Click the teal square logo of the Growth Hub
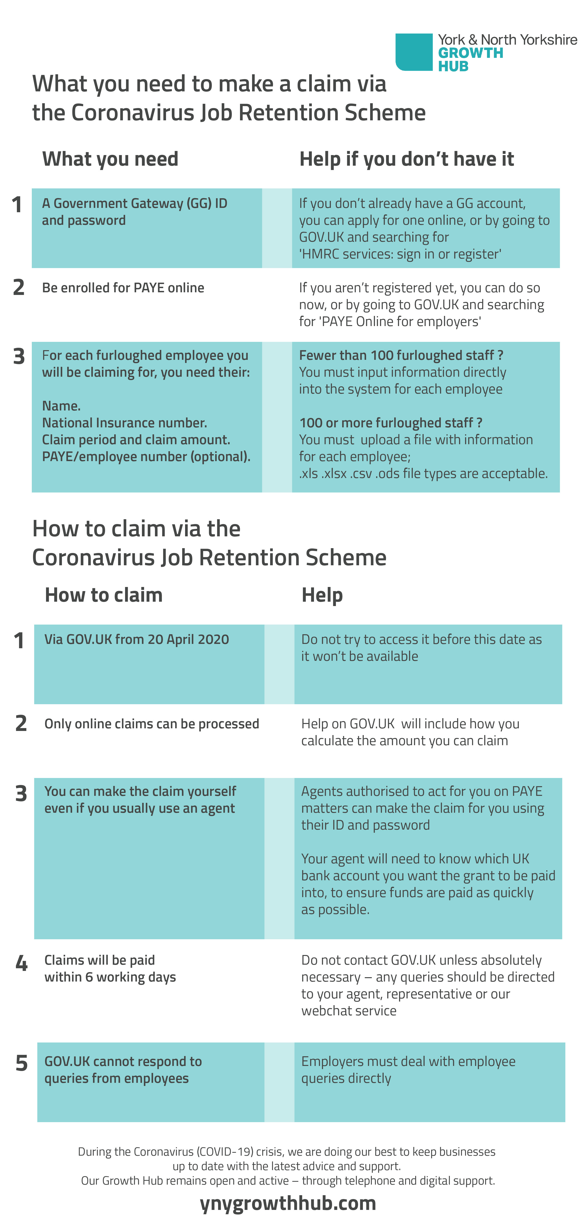tap(414, 52)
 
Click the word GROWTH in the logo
tap(470, 53)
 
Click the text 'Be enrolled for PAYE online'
tap(123, 288)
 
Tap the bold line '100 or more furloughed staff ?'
tap(391, 423)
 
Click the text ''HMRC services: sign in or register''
tap(400, 254)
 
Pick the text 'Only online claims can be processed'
tap(152, 724)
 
